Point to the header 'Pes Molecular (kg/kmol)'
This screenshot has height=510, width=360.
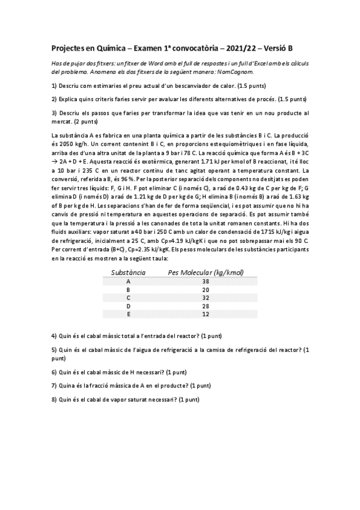click(206, 272)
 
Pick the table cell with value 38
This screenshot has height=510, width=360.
click(206, 281)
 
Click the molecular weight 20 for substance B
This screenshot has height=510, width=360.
click(206, 289)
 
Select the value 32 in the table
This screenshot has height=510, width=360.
click(206, 297)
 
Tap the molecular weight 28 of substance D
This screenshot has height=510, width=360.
click(206, 306)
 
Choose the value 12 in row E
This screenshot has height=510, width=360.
click(206, 314)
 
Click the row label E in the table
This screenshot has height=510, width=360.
click(128, 314)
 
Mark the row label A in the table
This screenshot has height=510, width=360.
click(128, 281)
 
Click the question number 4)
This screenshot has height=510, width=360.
click(54, 334)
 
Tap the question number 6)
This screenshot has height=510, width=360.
click(54, 372)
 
